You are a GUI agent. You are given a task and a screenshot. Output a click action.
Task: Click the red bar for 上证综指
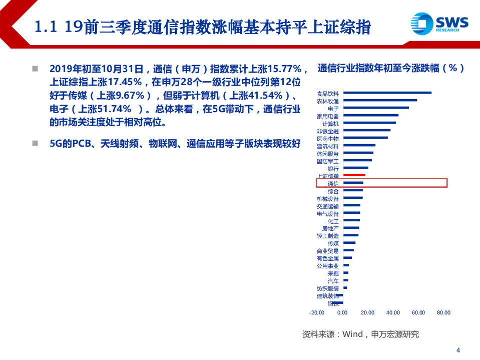[354, 175]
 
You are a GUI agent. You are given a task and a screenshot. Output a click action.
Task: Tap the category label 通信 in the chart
[333, 184]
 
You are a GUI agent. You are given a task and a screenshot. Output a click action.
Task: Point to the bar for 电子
[375, 108]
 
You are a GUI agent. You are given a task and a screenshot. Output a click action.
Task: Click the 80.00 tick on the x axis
[443, 313]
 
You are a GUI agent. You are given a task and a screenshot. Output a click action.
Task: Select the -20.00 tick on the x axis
[317, 313]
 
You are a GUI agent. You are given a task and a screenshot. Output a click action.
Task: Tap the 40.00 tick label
[393, 313]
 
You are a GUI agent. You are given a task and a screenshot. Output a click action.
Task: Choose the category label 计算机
[330, 123]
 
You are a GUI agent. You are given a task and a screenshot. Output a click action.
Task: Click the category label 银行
[333, 169]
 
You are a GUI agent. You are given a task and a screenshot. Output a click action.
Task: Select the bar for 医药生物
[365, 138]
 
